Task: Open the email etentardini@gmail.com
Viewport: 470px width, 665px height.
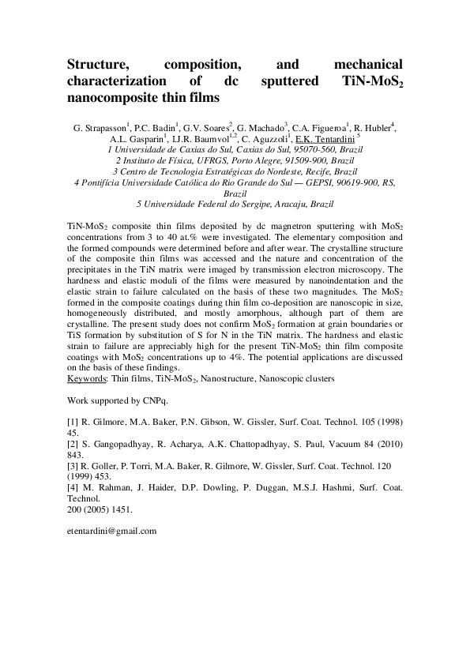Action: click(x=112, y=532)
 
